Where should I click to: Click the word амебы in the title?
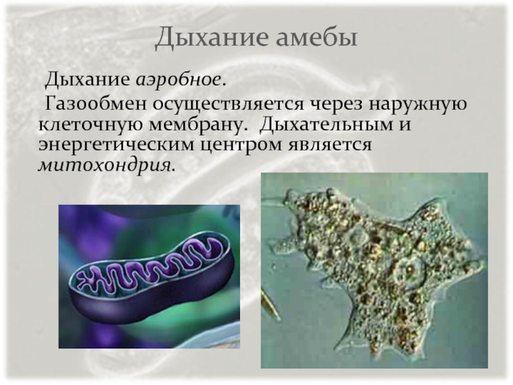(316, 37)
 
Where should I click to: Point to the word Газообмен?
(96, 104)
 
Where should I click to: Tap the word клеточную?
(90, 124)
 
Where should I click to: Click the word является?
(330, 146)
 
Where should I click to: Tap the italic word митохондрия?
(105, 166)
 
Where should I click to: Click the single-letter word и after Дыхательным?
(405, 125)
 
